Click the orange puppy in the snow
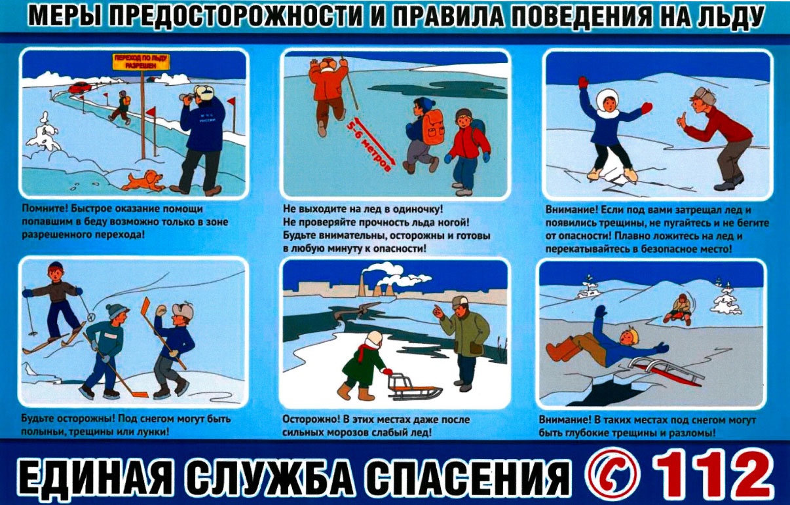[143, 181]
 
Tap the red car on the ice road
[81, 87]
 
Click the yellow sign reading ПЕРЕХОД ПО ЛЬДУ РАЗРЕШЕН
[141, 62]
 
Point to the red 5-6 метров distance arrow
[373, 144]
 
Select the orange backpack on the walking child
[433, 127]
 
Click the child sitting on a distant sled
[679, 309]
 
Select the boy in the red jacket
[466, 153]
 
